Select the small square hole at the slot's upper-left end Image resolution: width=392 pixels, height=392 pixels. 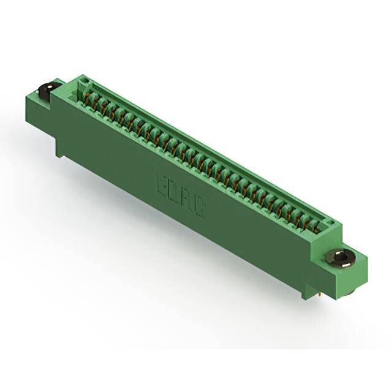[84, 82]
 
